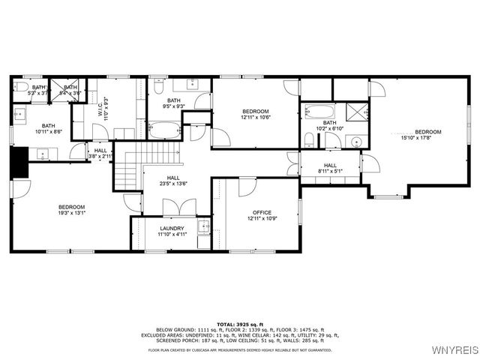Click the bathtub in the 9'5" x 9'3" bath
tap(163, 133)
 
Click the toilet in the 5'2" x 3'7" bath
tap(21, 88)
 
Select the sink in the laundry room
tap(203, 226)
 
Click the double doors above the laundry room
tap(179, 207)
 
